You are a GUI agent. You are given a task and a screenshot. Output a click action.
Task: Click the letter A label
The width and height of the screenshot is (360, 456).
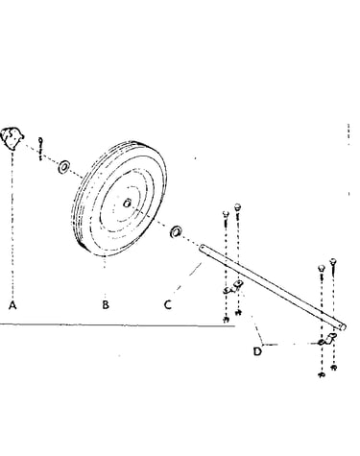12,305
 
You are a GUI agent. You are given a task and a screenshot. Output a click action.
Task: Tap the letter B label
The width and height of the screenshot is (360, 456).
106,304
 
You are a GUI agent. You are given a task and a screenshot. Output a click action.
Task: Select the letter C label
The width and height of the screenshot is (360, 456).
168,304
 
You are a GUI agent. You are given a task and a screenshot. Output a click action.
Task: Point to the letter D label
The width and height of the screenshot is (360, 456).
257,351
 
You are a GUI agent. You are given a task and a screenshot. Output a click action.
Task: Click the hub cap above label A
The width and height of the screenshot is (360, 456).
12,138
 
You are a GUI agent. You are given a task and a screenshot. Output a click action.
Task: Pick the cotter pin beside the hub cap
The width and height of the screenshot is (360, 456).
40,149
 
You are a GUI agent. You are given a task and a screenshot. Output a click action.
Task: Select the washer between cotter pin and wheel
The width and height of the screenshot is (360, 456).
64,167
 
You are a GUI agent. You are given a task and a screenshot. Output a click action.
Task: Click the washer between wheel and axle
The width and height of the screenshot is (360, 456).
176,231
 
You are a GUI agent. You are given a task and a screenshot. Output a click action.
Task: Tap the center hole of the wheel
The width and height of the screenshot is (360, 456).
127,203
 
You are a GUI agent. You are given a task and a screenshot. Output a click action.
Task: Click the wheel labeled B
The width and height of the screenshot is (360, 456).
119,199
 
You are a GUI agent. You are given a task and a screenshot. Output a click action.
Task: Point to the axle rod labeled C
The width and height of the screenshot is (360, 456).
273,287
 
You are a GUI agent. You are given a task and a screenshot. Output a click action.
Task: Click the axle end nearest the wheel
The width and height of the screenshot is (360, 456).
202,248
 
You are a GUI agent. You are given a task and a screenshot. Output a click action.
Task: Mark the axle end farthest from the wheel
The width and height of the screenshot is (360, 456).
343,327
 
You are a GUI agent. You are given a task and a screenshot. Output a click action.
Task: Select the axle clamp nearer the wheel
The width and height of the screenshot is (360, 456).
233,287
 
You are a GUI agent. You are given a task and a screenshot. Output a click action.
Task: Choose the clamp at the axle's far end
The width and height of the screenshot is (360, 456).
328,339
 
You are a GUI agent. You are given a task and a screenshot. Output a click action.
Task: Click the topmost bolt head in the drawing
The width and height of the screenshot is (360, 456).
237,206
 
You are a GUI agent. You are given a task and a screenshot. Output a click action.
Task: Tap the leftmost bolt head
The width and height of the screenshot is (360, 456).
226,214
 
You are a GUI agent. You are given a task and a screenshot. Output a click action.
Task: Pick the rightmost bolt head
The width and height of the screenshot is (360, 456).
333,261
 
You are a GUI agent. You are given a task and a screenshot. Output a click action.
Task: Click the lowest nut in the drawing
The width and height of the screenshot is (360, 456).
322,374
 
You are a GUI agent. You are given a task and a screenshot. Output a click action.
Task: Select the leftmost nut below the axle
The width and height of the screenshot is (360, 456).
226,319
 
